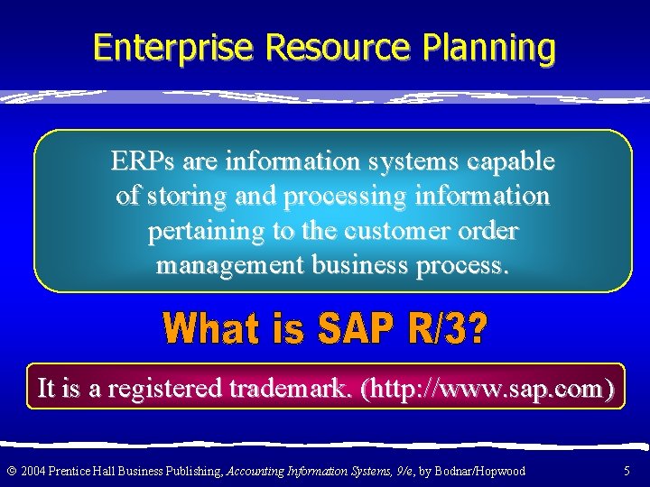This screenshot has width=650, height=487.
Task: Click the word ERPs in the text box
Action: point(143,161)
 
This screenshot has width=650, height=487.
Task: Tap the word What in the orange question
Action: point(212,330)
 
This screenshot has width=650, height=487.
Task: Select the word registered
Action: point(165,388)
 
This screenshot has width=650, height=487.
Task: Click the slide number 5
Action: point(627,471)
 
